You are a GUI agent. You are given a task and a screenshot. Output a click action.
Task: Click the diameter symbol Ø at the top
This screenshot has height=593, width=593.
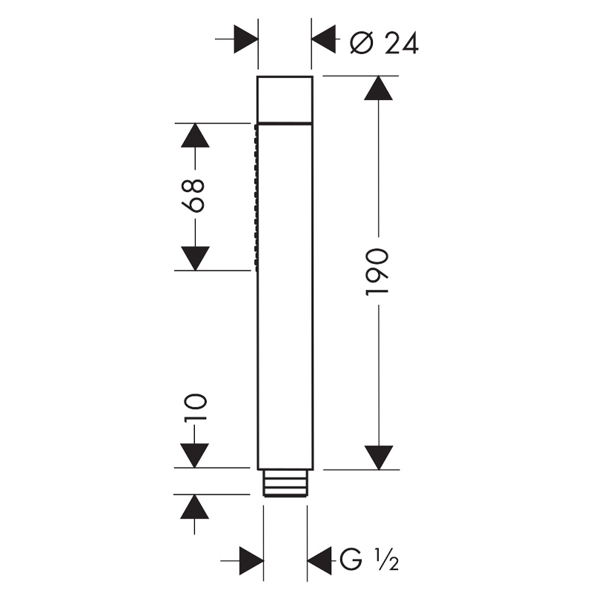(x=362, y=43)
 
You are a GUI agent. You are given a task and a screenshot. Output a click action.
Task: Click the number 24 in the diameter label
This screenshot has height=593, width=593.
(x=401, y=43)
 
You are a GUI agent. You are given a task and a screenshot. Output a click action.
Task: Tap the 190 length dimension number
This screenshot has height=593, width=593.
(x=377, y=271)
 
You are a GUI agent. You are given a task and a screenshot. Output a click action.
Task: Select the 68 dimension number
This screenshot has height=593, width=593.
(x=193, y=196)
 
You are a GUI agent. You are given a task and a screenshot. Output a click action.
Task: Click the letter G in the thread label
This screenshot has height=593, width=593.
(x=351, y=560)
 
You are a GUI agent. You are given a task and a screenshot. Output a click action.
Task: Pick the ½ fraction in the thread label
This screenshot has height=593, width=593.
(x=386, y=560)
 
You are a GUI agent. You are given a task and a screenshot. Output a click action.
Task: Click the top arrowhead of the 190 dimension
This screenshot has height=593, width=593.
(x=378, y=87)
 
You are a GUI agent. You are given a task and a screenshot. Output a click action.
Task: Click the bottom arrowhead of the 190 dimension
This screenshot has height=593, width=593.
(x=379, y=457)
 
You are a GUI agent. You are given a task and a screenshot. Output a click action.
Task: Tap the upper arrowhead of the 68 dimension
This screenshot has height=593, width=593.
(x=195, y=135)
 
